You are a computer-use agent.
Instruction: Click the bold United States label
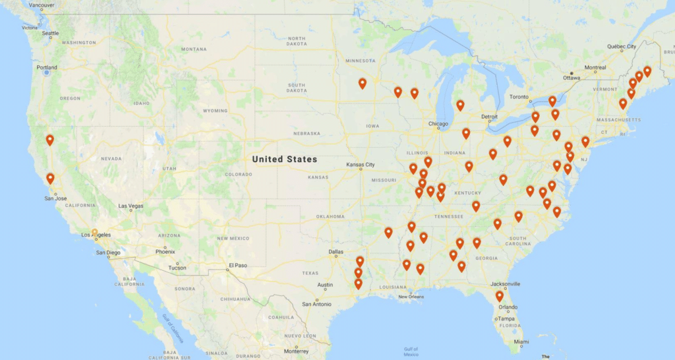[x=284, y=159]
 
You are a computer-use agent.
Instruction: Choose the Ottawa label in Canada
[x=571, y=77]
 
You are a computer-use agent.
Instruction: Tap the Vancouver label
[x=42, y=5]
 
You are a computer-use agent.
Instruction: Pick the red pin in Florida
[x=500, y=296]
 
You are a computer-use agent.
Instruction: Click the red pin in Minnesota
[x=363, y=83]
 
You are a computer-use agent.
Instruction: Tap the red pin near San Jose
[x=50, y=179]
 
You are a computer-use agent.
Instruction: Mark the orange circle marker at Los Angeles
[x=95, y=232]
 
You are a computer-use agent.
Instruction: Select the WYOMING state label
[x=215, y=110]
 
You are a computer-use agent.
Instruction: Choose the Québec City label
[x=622, y=47]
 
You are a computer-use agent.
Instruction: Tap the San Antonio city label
[x=316, y=304]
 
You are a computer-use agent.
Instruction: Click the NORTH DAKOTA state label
[x=296, y=41]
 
